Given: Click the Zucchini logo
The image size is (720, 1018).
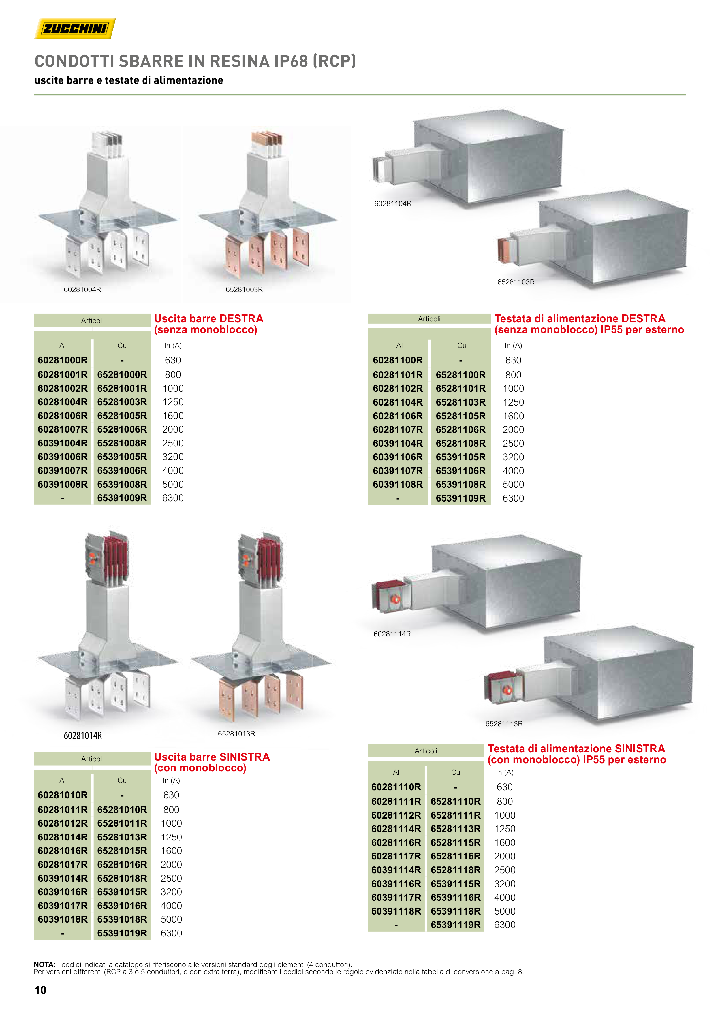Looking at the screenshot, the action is click(75, 29).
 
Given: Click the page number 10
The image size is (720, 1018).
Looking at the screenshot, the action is click(40, 990).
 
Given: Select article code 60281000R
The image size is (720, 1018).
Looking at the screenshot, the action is click(63, 360).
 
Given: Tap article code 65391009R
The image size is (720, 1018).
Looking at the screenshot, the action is click(122, 498).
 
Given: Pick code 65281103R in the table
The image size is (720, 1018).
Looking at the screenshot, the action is click(460, 402).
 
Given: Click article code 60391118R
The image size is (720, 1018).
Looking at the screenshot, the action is click(396, 911).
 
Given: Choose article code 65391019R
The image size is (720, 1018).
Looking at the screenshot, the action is click(122, 933).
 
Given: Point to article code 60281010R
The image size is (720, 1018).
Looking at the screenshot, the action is click(63, 795).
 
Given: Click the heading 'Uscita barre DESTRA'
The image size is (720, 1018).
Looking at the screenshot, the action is click(208, 318).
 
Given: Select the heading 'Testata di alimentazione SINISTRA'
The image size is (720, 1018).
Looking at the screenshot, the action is click(576, 749).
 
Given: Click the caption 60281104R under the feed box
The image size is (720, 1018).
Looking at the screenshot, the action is click(393, 203).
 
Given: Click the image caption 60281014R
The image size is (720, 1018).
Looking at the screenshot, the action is click(83, 736).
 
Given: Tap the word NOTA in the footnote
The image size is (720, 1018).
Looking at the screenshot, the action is click(44, 964).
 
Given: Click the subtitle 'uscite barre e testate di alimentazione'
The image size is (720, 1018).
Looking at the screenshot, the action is click(129, 80).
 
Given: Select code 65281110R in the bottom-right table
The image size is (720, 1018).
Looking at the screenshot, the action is click(456, 801).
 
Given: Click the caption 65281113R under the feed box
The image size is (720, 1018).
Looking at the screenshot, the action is click(504, 724).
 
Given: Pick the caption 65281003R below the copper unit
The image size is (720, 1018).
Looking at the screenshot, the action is click(244, 290).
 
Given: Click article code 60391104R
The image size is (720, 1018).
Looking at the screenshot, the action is click(398, 443).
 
